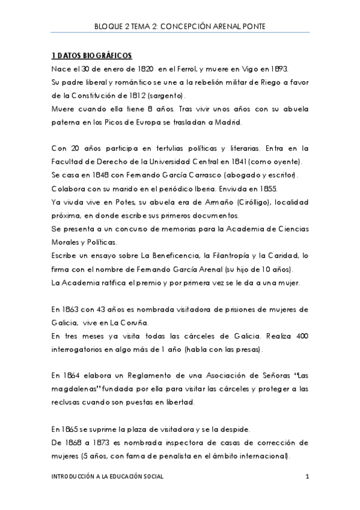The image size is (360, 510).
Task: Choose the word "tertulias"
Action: (154, 149)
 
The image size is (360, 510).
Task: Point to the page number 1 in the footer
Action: (307, 477)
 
